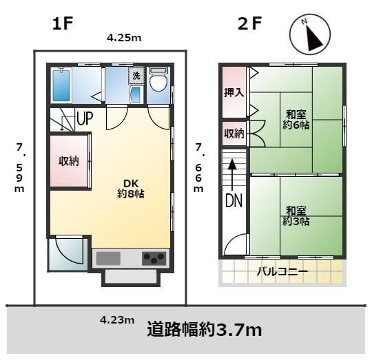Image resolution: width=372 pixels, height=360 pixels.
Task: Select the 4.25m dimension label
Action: coord(124,39)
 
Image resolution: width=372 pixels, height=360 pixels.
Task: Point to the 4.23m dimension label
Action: coord(117,319)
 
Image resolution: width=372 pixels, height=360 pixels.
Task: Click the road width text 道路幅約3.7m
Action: coord(205,330)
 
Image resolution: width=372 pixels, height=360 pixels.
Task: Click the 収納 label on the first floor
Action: coord(68,162)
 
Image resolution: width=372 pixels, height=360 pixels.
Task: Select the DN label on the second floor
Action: coord(234,202)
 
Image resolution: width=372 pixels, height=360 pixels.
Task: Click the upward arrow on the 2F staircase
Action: coord(234,172)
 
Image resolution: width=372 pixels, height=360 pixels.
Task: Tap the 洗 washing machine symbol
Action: coord(136,75)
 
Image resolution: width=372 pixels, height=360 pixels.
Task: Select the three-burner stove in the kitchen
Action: coord(154,258)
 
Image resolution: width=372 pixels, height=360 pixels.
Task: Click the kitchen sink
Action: coord(109,259)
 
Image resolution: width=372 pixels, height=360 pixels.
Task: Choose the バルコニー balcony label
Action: coord(282,273)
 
